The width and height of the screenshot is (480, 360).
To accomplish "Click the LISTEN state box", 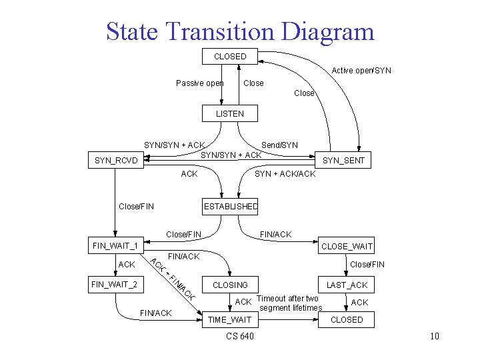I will pyautogui.click(x=230, y=114).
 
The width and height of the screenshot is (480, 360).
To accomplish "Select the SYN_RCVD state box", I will pyautogui.click(x=117, y=161).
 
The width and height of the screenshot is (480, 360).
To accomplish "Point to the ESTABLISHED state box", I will pyautogui.click(x=230, y=206).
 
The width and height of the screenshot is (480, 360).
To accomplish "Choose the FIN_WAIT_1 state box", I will pyautogui.click(x=115, y=246).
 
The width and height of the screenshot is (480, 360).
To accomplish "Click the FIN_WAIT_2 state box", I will pyautogui.click(x=115, y=285).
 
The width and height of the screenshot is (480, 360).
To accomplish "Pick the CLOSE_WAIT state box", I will pyautogui.click(x=347, y=246).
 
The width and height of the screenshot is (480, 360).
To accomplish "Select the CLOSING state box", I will pyautogui.click(x=230, y=285).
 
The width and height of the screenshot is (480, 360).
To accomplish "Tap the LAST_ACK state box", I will pyautogui.click(x=347, y=285).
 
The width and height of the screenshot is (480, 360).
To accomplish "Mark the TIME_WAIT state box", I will pyautogui.click(x=230, y=320).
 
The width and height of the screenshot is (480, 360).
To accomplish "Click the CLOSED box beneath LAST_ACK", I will pyautogui.click(x=347, y=320).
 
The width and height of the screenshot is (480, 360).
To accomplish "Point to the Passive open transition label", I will pyautogui.click(x=199, y=83).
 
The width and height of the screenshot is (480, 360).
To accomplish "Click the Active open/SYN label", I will pyautogui.click(x=362, y=70).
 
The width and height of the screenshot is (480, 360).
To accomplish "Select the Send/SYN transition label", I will pyautogui.click(x=279, y=145).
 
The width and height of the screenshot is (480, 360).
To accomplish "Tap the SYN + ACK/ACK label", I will pyautogui.click(x=285, y=174).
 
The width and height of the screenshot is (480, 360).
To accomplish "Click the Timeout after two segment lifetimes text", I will pyautogui.click(x=289, y=303).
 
